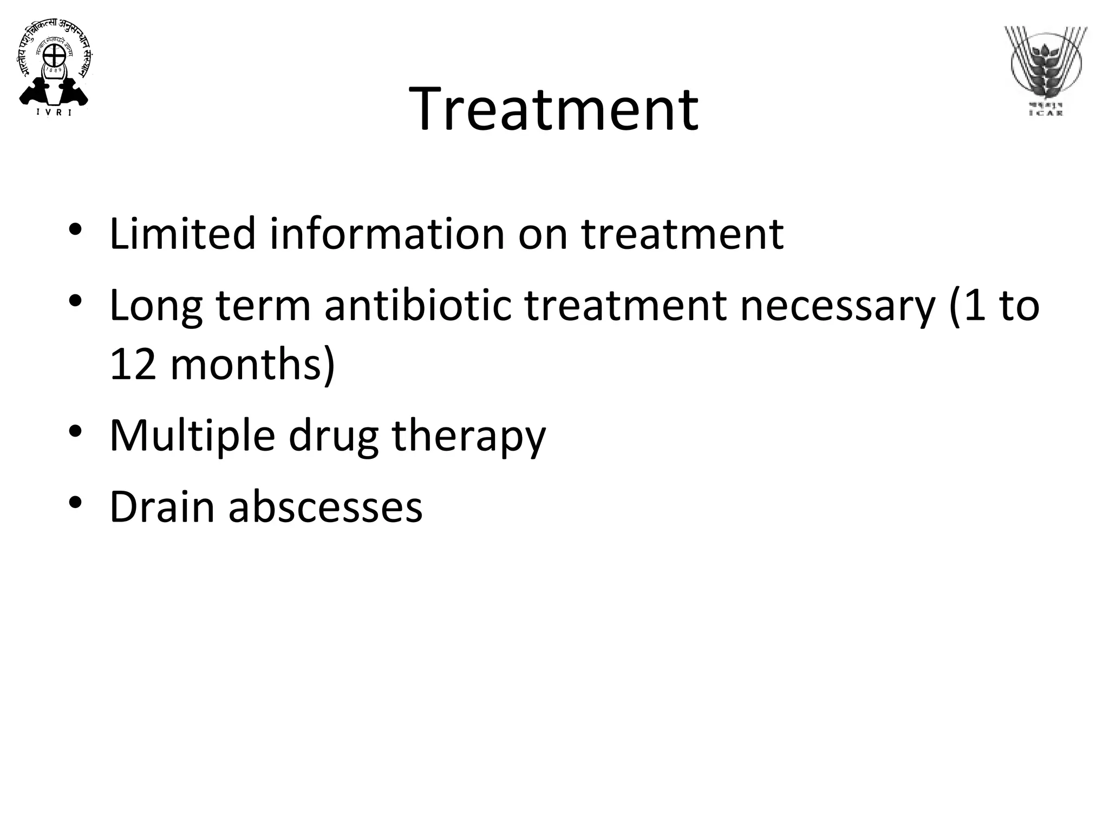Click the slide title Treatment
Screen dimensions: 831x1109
553,109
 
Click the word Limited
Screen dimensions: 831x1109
182,233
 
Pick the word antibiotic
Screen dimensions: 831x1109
417,305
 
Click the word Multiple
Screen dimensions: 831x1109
192,436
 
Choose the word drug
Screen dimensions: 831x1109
333,436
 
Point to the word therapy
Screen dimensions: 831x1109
468,436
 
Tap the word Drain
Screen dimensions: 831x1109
162,507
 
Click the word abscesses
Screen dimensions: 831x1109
325,507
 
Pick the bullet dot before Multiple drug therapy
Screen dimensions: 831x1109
75,431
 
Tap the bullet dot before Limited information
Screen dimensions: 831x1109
75,229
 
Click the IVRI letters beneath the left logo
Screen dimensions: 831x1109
54,113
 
